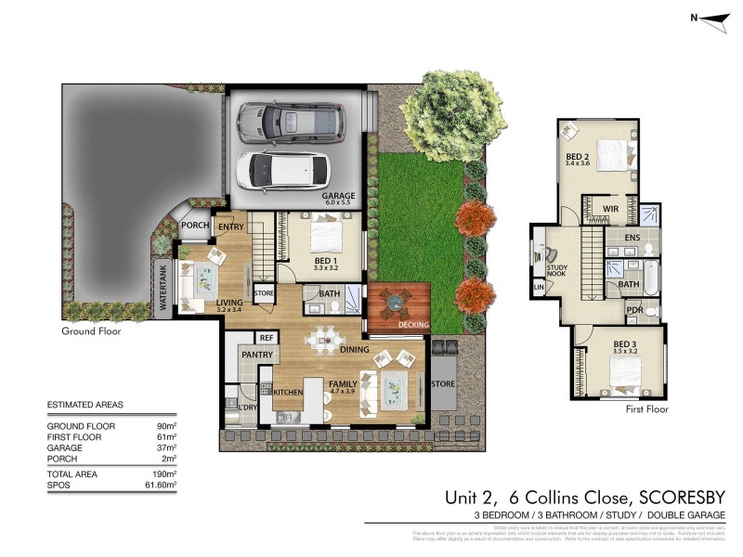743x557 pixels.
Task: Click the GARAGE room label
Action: click(339, 197)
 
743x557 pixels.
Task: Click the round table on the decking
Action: click(398, 300)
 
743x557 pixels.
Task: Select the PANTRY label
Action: click(255, 355)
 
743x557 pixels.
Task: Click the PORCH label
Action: click(195, 226)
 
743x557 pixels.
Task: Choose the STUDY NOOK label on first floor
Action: click(557, 269)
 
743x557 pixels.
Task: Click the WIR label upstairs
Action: click(611, 209)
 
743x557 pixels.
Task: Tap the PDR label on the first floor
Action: click(635, 309)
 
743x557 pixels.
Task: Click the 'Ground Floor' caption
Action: click(91, 330)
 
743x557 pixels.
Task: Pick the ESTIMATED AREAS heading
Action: click(85, 405)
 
